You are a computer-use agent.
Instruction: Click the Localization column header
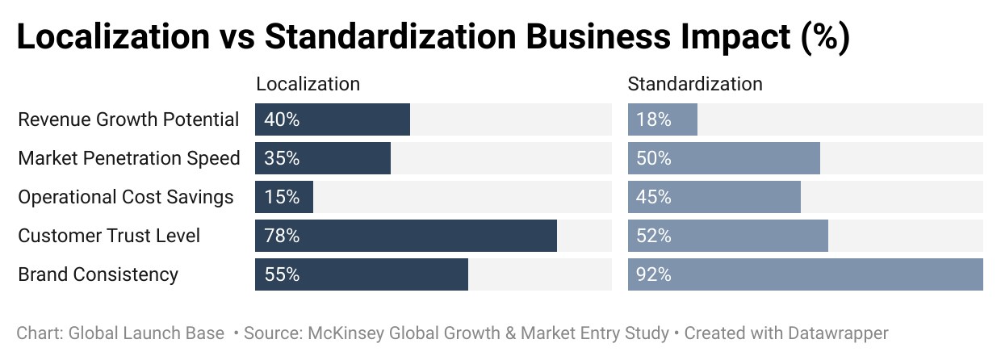click(x=308, y=84)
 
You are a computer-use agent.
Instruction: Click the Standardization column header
click(x=695, y=84)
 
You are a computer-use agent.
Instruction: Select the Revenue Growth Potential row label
click(x=128, y=119)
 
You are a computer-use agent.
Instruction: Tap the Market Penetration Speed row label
click(x=129, y=158)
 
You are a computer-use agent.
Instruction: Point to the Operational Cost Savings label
click(x=126, y=197)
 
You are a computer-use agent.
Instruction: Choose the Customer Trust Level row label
click(x=109, y=236)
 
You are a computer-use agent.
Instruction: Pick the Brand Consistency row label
click(x=98, y=274)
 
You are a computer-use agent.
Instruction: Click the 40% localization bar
click(x=333, y=119)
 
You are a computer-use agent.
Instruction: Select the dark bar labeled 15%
click(x=284, y=197)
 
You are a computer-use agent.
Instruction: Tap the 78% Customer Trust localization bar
click(x=406, y=236)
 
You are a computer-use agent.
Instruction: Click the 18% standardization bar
click(x=663, y=119)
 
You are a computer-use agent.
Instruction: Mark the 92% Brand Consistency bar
click(x=806, y=274)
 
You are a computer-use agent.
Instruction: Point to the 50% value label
click(x=654, y=158)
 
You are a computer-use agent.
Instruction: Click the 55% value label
click(x=282, y=274)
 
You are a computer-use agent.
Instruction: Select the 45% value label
click(x=654, y=197)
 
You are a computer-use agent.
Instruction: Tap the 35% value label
click(x=282, y=158)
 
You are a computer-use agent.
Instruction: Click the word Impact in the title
click(x=735, y=36)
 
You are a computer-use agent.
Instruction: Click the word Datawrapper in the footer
click(x=838, y=333)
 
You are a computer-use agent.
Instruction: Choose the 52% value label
click(x=654, y=236)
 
